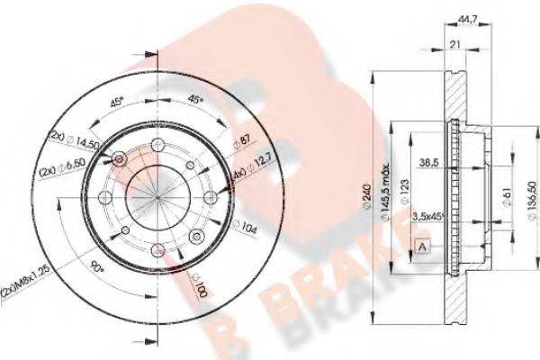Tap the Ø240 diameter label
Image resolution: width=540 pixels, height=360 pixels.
coord(371,193)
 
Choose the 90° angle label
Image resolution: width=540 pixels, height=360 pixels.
coord(95,268)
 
